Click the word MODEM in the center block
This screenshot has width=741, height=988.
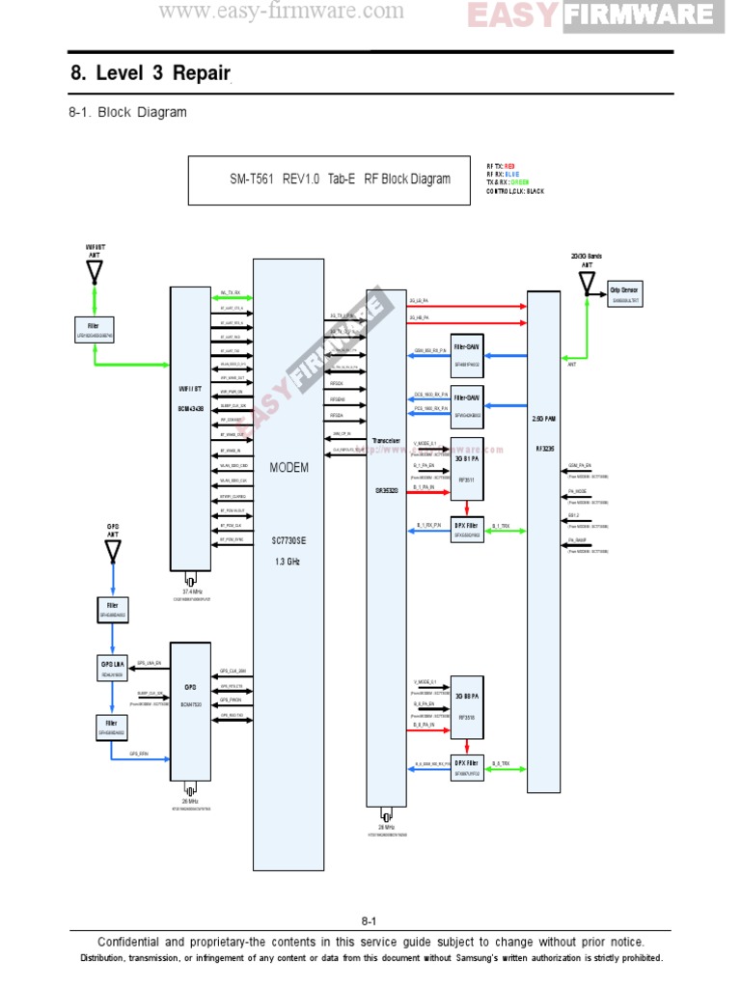point(289,467)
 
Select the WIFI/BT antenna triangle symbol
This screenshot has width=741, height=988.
point(95,271)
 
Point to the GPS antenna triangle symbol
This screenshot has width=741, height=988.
point(113,551)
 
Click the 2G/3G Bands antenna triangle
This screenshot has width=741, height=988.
point(586,282)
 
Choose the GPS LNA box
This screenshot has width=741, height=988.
point(112,669)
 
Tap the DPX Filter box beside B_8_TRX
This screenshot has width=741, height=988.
point(467,768)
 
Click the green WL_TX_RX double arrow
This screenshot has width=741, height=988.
point(232,297)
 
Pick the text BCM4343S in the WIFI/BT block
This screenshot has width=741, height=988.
point(189,409)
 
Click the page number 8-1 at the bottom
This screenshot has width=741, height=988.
point(370,920)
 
